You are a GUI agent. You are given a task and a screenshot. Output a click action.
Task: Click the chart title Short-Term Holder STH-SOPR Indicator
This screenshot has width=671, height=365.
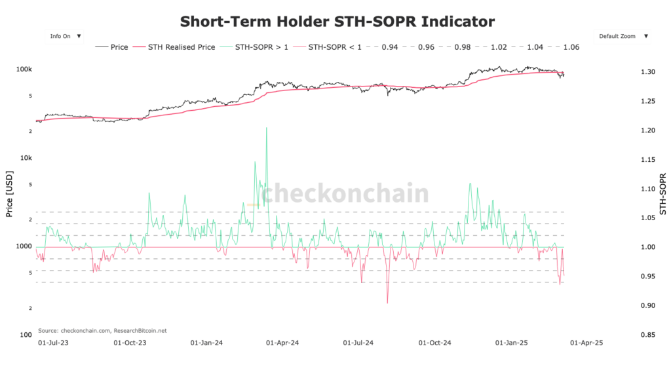click(x=337, y=22)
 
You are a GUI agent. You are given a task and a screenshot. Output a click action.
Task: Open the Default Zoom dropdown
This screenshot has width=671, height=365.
click(x=623, y=36)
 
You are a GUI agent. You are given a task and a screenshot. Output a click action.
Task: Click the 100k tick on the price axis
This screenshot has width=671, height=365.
click(x=25, y=69)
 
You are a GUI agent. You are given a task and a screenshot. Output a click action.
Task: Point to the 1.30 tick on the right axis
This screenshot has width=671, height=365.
click(x=646, y=71)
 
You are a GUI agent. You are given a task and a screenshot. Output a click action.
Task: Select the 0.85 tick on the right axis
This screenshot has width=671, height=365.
click(x=646, y=335)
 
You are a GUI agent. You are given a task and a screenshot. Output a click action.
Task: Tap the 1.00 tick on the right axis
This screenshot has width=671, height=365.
click(x=646, y=247)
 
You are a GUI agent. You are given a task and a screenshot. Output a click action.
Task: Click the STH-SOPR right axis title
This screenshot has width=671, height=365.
click(x=662, y=194)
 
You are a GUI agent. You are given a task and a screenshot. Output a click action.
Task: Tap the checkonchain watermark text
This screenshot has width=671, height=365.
click(x=345, y=194)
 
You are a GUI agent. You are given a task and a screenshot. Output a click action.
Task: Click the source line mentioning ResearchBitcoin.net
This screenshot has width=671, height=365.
click(x=102, y=331)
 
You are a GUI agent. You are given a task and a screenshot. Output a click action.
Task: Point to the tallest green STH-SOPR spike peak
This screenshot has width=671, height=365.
click(x=267, y=128)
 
